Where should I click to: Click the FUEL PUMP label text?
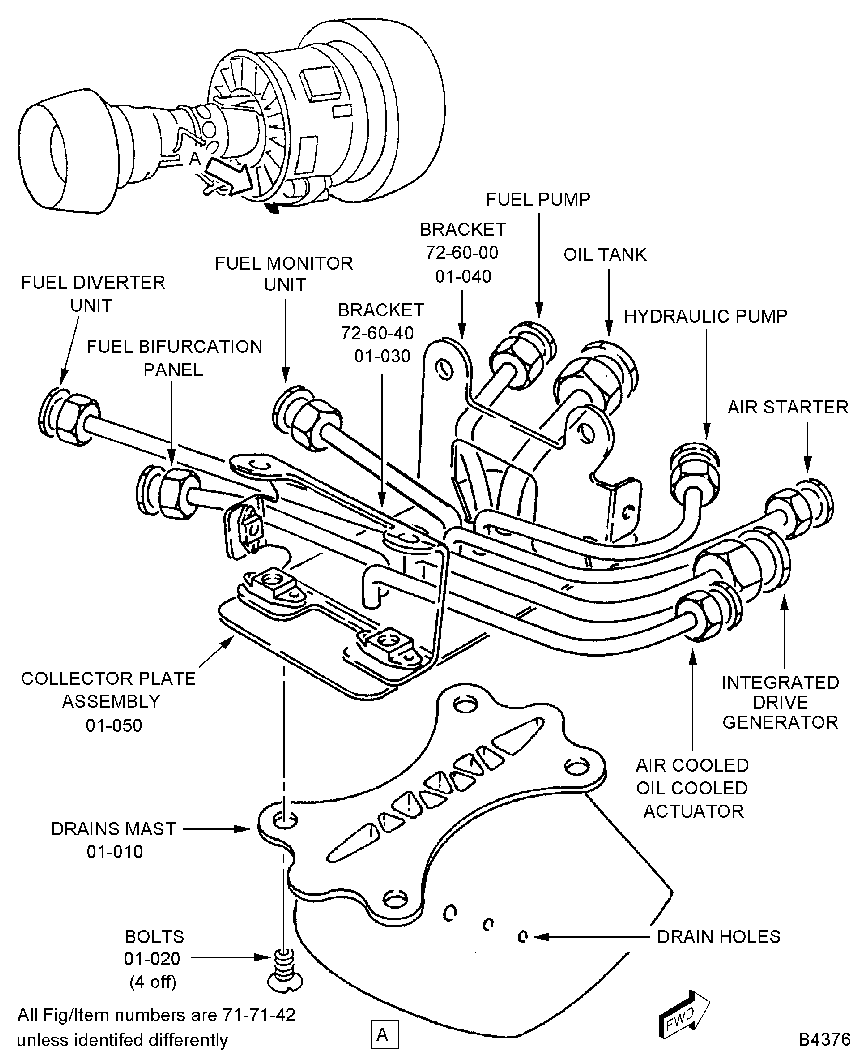(538, 200)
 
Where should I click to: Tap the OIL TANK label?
(604, 255)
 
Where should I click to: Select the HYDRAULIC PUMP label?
(705, 316)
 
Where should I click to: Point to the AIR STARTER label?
(788, 407)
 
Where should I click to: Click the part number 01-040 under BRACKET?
(463, 276)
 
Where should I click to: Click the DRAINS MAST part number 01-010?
(114, 851)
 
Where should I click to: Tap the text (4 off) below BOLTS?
(153, 982)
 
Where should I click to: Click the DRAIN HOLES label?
(718, 937)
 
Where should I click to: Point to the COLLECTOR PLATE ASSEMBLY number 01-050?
(114, 725)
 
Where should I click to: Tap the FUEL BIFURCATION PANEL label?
(174, 358)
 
